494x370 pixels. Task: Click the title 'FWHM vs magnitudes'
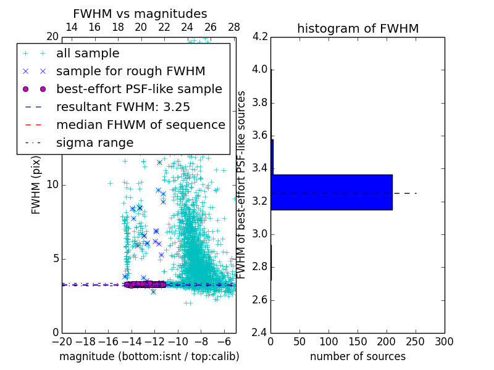(x=140, y=14)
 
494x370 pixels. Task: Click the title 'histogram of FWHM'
(x=358, y=28)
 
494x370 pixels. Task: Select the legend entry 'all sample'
(x=88, y=54)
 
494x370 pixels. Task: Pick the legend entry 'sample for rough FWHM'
(x=130, y=72)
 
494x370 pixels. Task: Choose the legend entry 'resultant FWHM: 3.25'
(x=123, y=107)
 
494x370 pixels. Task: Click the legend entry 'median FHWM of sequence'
(x=140, y=125)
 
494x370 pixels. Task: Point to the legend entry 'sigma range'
(x=94, y=143)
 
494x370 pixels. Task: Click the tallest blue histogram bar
(x=332, y=192)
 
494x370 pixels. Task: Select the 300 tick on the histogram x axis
(x=445, y=342)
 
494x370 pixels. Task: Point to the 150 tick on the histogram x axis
(x=358, y=342)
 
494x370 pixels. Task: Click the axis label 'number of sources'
(x=358, y=356)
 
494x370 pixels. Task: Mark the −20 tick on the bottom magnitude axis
(x=62, y=342)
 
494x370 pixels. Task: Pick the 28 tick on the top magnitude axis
(x=234, y=27)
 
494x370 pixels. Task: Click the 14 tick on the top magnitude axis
(x=72, y=27)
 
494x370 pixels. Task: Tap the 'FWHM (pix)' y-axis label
(x=36, y=185)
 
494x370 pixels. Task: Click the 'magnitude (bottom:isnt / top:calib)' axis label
(x=149, y=356)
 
